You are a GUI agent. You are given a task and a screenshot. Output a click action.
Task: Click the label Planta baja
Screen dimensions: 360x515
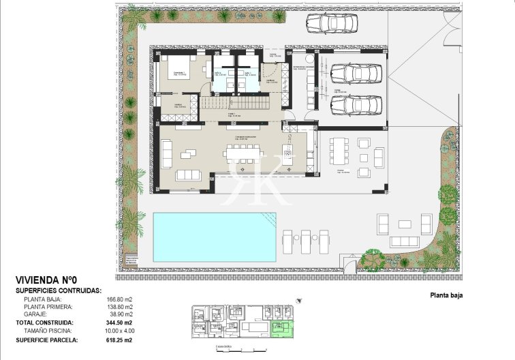tap(446, 295)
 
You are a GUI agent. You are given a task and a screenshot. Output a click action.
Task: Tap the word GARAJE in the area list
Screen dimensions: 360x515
tap(35, 314)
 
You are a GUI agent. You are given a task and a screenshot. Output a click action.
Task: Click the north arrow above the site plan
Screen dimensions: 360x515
tap(298, 300)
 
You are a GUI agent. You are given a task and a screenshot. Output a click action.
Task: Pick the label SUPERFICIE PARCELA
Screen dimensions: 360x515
tap(46, 339)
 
